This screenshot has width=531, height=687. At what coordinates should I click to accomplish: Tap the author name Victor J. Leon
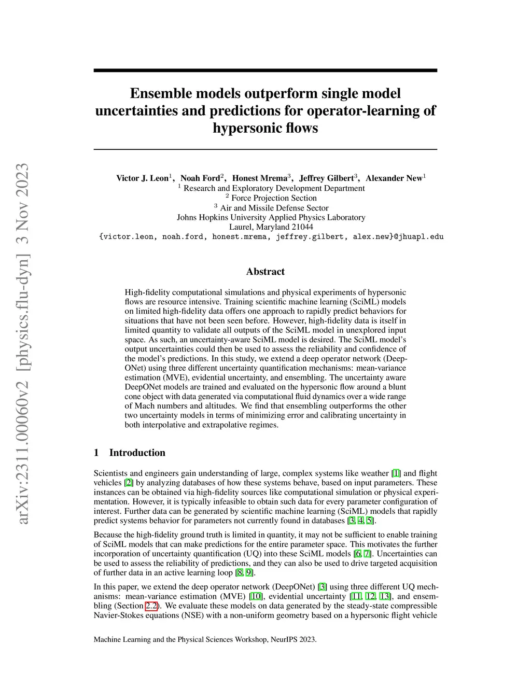tap(142, 178)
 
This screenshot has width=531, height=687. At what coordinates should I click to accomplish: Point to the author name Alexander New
tap(394, 178)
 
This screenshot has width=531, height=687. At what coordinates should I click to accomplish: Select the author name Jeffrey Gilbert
tap(326, 178)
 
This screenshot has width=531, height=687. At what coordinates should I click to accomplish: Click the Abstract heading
tap(265, 272)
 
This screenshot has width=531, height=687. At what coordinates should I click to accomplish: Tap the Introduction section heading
tap(137, 453)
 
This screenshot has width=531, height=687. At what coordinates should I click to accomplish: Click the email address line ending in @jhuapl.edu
tap(271, 236)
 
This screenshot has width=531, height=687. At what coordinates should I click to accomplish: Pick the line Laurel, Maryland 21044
tap(271, 227)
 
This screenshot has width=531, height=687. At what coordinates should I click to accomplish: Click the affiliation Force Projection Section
tap(274, 198)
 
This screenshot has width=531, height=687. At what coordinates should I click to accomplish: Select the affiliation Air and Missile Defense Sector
tap(274, 208)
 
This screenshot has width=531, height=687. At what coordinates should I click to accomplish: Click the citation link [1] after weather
tap(396, 473)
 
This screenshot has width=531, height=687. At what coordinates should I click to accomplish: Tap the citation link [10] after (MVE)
tap(256, 596)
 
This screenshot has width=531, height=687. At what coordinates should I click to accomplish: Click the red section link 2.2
tap(151, 606)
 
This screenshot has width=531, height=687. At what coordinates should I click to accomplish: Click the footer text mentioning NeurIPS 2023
tap(205, 639)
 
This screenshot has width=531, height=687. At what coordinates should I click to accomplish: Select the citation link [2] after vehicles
tap(129, 483)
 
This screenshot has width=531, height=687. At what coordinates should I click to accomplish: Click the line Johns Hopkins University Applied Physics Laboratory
tap(271, 218)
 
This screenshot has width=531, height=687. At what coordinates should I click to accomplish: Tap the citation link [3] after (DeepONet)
tap(323, 587)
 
